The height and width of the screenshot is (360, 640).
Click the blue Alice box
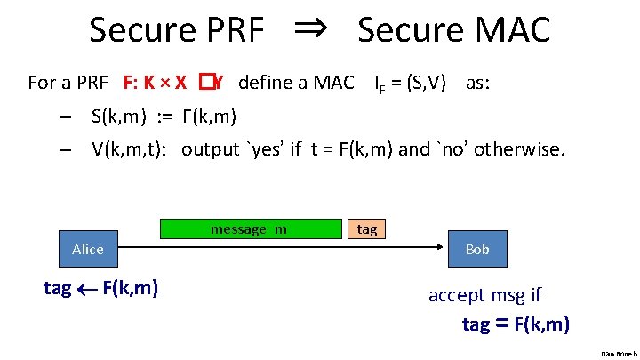point(87,250)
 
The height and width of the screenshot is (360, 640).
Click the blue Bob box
point(477,250)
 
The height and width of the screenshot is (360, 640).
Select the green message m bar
point(249,229)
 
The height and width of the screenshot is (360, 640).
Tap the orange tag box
point(366,229)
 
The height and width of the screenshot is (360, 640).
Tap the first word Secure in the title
point(142,30)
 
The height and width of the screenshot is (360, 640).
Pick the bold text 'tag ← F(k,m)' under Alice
point(101,288)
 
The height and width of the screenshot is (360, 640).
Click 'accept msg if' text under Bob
point(484,295)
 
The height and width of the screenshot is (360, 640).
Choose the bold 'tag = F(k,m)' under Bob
point(516,324)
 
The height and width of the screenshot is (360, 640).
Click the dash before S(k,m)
point(66,116)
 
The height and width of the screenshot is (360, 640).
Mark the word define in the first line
point(268,84)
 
